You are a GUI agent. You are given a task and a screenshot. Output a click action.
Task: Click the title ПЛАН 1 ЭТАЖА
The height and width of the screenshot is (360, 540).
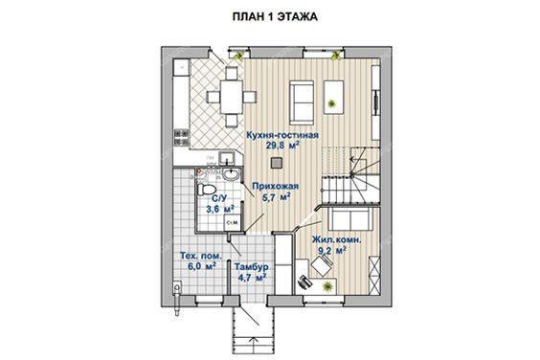pos(275,16)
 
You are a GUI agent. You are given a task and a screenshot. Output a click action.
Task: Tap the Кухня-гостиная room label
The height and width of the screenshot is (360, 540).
pos(282,135)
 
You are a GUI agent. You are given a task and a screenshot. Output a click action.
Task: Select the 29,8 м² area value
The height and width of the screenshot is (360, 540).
pos(282,146)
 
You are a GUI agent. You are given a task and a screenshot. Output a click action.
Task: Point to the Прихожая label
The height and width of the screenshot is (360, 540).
pos(275,187)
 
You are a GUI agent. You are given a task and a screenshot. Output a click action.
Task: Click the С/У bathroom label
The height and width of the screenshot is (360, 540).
pos(219,199)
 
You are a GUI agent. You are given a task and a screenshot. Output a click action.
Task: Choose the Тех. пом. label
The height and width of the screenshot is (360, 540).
pos(201,256)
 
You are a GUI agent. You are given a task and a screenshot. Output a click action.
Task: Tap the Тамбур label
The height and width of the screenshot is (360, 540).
pos(252,267)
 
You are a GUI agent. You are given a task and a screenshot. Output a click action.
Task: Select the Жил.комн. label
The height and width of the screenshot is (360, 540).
pos(336,239)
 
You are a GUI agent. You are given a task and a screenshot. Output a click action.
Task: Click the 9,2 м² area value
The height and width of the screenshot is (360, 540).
pos(332,251)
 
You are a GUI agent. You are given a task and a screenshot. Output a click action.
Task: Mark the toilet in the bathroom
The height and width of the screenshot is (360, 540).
pos(206,189)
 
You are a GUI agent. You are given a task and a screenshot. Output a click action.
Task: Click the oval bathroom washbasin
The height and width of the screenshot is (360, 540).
pos(230,175)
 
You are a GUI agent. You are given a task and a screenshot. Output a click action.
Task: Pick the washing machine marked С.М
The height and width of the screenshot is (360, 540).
pos(233,222)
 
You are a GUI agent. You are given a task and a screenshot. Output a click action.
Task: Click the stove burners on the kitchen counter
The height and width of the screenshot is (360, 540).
pos(181,137)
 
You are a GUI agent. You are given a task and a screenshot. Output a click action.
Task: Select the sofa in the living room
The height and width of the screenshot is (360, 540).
pos(302,102)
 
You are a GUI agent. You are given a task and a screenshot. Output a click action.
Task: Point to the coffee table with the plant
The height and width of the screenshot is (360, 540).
pos(334,97)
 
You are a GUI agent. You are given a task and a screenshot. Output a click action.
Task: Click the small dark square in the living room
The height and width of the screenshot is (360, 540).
pos(276,163)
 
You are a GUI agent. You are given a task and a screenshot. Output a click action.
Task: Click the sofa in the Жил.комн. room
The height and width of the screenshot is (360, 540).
pos(350,218)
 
